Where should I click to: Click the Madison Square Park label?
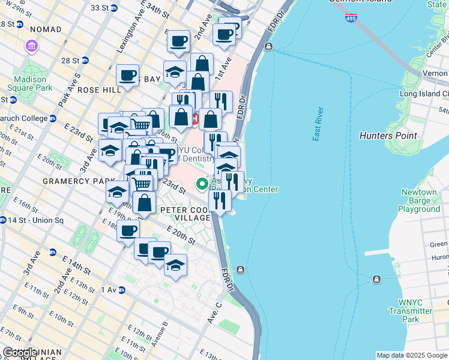pos(29,83)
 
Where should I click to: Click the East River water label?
pos(318,124)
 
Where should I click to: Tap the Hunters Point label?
pos(388,136)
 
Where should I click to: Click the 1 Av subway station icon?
pos(121,290)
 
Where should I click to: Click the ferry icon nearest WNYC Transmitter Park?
pos(376,279)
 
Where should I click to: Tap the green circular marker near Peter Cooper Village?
pos(203,183)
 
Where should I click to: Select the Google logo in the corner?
pos(20,353)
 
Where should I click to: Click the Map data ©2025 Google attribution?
pos(411,355)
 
